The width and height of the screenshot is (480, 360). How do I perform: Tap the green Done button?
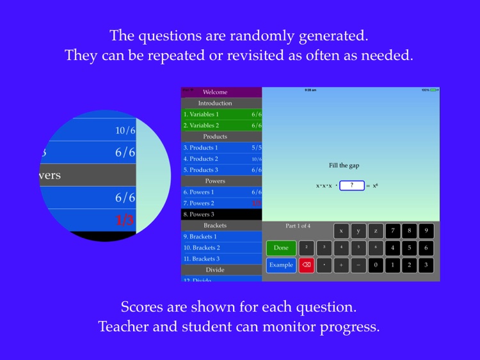click(281, 247)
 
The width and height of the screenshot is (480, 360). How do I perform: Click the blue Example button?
click(281, 265)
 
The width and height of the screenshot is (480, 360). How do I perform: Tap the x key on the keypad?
click(341, 231)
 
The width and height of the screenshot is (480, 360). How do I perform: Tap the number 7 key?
click(392, 231)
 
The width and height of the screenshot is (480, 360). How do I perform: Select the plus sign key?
click(341, 265)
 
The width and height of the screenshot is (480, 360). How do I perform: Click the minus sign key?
click(358, 265)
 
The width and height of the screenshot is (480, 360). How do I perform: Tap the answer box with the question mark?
click(351, 185)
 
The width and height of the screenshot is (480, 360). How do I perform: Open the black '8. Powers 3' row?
click(221, 214)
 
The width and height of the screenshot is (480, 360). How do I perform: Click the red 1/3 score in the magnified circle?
click(125, 221)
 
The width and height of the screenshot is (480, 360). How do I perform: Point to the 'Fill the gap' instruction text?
click(344, 166)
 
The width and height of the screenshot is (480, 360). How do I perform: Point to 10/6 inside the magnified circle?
click(125, 130)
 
